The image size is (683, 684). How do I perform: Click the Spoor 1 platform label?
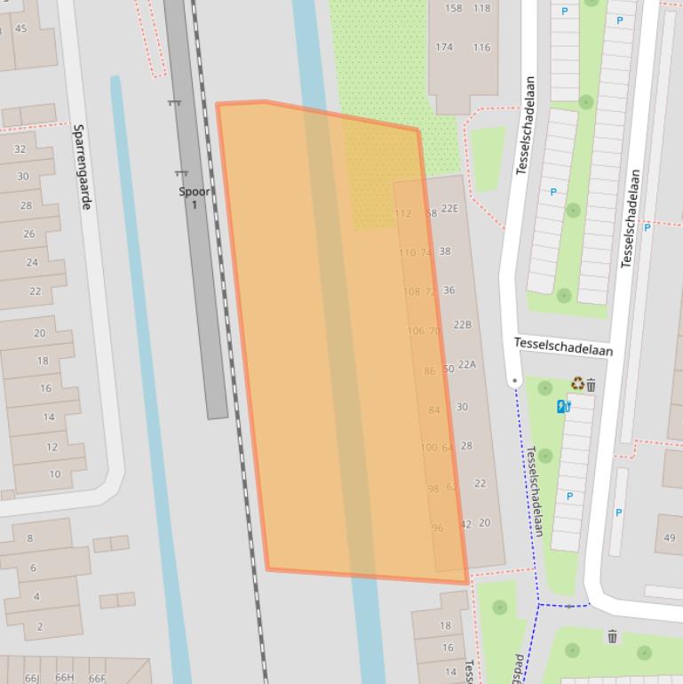click(x=195, y=197)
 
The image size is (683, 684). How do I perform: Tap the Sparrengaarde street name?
click(x=82, y=166)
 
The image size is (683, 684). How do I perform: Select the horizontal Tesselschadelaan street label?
click(x=563, y=346)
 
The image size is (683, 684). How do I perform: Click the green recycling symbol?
click(x=577, y=384)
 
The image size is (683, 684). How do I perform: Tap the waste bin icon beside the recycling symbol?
click(x=592, y=385)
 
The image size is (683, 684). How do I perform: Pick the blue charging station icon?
click(x=563, y=407)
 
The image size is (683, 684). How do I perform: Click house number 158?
click(x=453, y=8)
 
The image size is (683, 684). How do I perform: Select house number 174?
click(x=444, y=47)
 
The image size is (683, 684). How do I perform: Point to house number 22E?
click(x=449, y=209)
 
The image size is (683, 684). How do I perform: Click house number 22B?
click(x=462, y=325)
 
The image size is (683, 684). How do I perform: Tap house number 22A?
click(x=466, y=364)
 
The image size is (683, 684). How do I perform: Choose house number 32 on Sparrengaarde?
click(x=20, y=149)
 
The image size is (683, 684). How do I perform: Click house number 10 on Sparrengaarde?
click(x=55, y=474)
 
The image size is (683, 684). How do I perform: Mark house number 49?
click(x=669, y=537)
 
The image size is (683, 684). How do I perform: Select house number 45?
click(x=21, y=28)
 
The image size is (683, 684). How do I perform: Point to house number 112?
click(x=402, y=213)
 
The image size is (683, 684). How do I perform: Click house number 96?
click(x=437, y=528)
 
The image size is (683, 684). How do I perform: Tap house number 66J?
click(x=32, y=678)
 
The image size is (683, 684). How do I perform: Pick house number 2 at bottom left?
click(x=39, y=626)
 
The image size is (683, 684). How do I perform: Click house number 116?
click(x=481, y=47)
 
